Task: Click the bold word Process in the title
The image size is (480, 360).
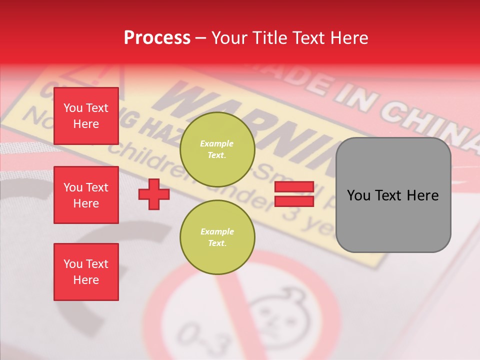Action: tap(157, 38)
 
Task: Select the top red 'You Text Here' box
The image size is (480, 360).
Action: tap(86, 116)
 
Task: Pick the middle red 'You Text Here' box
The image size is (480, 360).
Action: tap(86, 195)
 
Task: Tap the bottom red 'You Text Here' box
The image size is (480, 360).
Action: tap(86, 272)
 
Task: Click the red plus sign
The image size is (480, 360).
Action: tap(154, 194)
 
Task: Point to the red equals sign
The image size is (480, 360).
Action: tap(294, 194)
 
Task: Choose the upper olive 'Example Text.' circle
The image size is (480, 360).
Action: tap(217, 149)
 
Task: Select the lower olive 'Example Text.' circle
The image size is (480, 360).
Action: tap(217, 237)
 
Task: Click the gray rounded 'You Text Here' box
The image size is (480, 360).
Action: tap(393, 195)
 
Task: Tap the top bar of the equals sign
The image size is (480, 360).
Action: tap(294, 187)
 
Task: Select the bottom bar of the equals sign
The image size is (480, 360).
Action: tap(294, 201)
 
